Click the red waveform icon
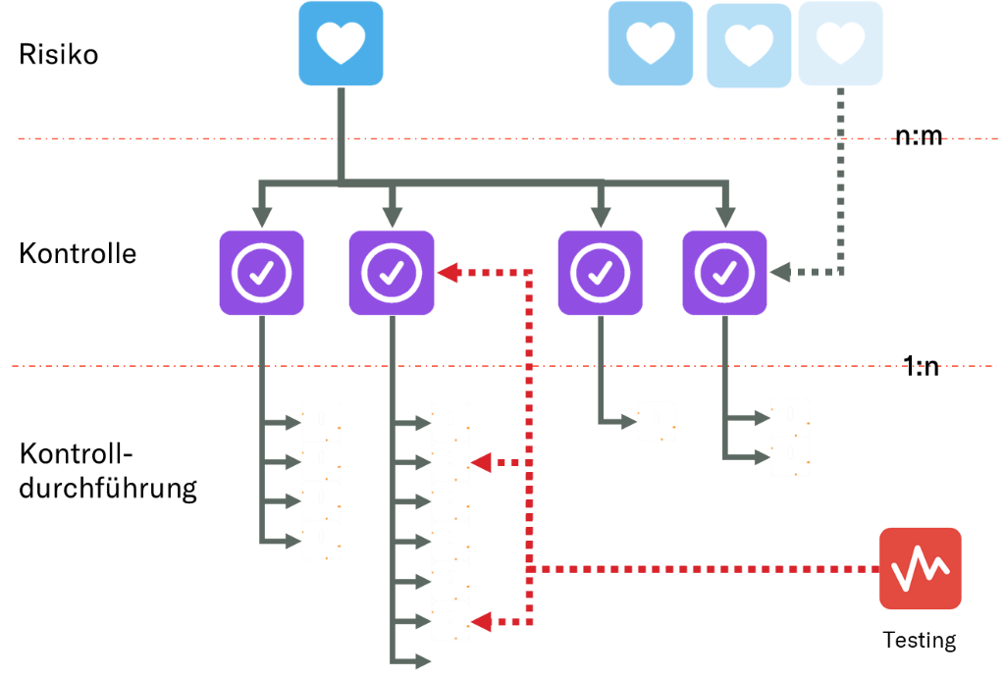921,568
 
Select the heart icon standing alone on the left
341,43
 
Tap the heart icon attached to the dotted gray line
840,43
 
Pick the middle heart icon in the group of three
749,45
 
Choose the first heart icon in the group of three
651,43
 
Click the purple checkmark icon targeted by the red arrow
392,273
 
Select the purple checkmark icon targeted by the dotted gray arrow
724,273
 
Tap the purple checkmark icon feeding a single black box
601,273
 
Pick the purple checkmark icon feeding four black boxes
262,273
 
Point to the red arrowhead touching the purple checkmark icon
448,273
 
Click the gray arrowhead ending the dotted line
781,273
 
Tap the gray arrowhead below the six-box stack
423,662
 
